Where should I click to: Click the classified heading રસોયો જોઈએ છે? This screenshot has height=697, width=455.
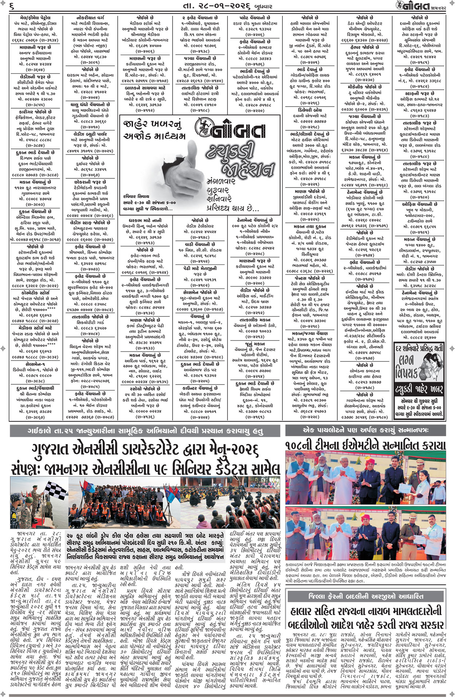(145, 388)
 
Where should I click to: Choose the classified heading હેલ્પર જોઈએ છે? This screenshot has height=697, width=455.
(365, 47)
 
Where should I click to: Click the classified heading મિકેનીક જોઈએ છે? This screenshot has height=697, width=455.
(365, 87)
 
